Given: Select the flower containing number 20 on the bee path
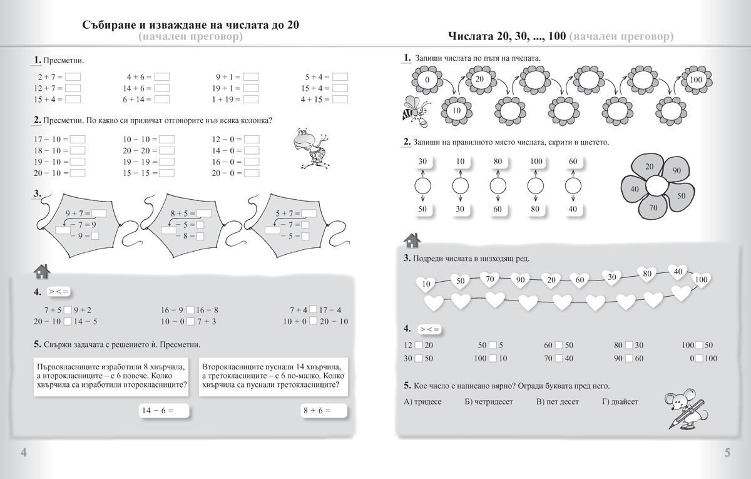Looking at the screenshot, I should tap(479, 80).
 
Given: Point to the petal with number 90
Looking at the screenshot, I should tap(676, 171).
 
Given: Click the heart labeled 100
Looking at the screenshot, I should tap(701, 279).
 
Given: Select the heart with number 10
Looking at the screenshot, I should tap(427, 284).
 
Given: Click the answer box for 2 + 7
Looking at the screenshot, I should tap(74, 77).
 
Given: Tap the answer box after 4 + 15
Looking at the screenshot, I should tap(340, 99).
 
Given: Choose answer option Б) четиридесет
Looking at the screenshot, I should tap(489, 401).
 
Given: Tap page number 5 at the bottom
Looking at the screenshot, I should tap(727, 453).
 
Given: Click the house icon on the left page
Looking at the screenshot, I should tap(41, 271).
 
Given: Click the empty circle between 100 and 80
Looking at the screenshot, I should tap(535, 186).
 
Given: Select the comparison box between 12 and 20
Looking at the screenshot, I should tap(419, 346).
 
